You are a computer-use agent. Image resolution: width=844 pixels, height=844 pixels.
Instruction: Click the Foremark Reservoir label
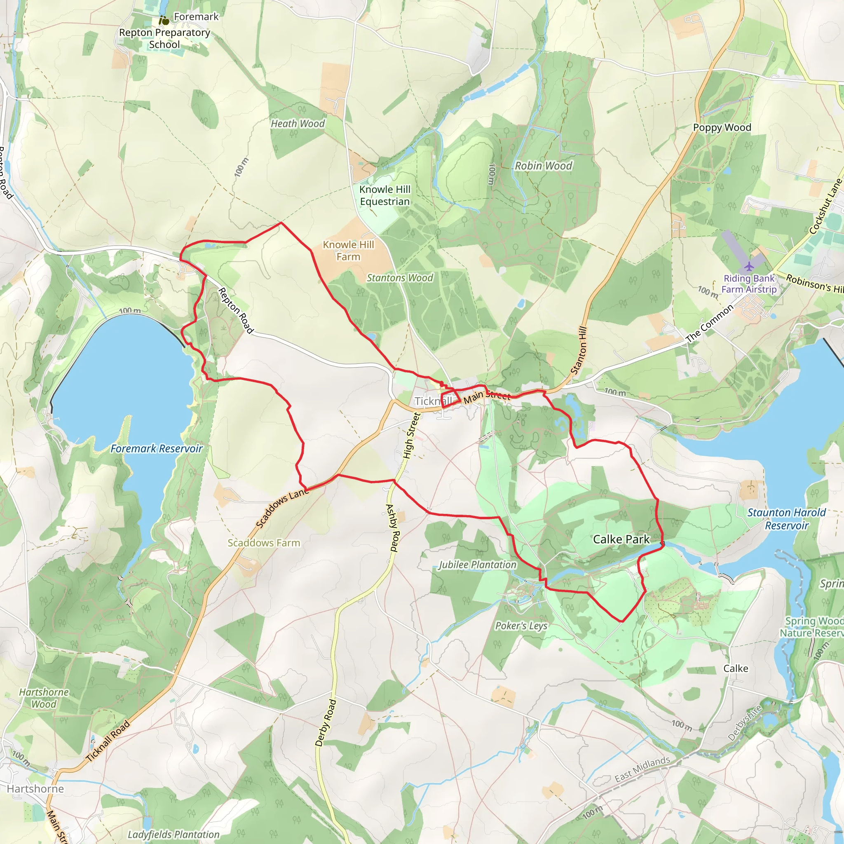point(156,449)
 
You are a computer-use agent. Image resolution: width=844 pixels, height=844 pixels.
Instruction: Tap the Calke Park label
point(621,539)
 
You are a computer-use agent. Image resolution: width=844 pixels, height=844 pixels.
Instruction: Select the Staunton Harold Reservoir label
point(786,519)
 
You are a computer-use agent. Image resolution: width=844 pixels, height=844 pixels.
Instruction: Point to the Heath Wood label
point(298,124)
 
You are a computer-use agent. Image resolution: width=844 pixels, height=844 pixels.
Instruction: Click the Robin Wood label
point(543,166)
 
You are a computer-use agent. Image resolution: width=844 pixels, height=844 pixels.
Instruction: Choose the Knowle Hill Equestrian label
point(384,195)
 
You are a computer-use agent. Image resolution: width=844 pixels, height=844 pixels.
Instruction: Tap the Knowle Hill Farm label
point(348,251)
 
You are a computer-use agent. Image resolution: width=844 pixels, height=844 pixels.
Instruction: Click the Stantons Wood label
point(400,278)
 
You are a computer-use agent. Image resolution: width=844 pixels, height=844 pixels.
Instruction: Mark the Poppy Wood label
point(722,128)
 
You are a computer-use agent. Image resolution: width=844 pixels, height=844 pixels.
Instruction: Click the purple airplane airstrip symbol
point(749,266)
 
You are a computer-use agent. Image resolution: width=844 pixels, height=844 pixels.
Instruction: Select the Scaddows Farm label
point(264,543)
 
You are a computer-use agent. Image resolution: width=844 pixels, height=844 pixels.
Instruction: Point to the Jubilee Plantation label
point(478,565)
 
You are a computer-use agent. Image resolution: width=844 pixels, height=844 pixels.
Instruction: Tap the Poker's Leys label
point(521,626)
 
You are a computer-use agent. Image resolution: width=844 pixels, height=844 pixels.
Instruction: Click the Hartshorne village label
point(35,788)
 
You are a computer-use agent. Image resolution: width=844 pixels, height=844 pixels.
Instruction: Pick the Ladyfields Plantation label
point(173,835)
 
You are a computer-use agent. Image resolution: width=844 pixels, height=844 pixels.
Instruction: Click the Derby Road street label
point(326,723)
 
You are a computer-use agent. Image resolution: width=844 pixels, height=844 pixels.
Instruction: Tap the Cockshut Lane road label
point(825,206)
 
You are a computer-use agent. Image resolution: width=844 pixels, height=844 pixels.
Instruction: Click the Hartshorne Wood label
point(44,698)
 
